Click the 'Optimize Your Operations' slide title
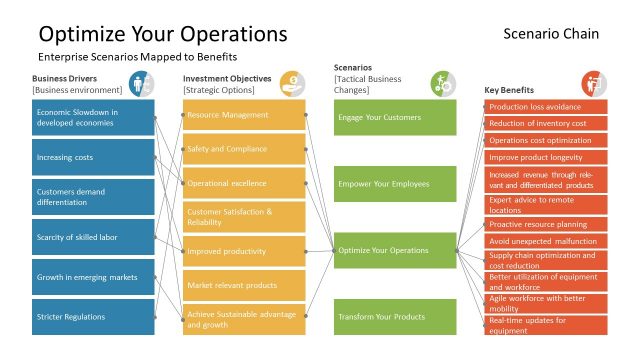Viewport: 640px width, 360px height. point(163,34)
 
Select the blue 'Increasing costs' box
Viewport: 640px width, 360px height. point(93,157)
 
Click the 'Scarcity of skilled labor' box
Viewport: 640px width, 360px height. point(93,237)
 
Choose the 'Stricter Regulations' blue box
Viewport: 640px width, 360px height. point(93,317)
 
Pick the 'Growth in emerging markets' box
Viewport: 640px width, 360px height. point(93,277)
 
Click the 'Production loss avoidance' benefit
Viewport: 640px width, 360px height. point(547,107)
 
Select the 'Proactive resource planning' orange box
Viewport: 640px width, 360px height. point(547,225)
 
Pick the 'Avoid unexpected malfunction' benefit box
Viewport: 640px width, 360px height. point(547,241)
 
